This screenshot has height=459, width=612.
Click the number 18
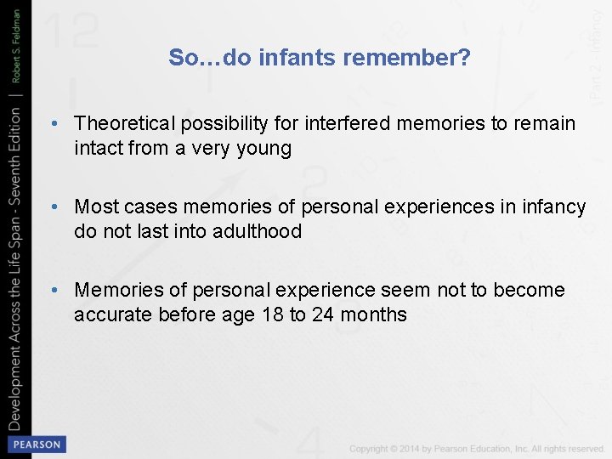pyautogui.click(x=274, y=314)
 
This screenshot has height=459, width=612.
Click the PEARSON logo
pyautogui.click(x=36, y=445)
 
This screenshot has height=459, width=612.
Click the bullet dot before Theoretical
pyautogui.click(x=54, y=124)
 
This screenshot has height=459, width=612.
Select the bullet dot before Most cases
pyautogui.click(x=54, y=207)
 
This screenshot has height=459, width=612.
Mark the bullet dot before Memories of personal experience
pyautogui.click(x=54, y=290)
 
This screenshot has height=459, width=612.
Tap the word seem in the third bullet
pyautogui.click(x=405, y=290)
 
